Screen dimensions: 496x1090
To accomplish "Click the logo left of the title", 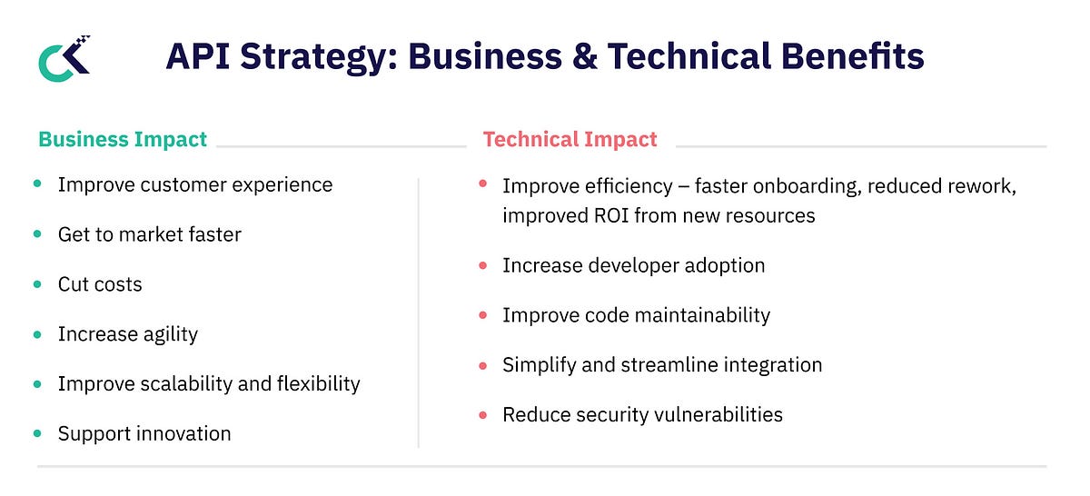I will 64,59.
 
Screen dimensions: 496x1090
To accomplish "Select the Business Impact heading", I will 123,140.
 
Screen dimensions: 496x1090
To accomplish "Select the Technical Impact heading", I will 570,140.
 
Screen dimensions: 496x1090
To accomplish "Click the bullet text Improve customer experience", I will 195,185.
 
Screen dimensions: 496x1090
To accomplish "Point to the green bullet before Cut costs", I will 37,284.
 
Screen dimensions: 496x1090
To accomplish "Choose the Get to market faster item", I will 150,235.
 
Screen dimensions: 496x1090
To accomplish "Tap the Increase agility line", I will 128,334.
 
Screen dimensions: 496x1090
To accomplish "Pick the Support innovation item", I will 144,434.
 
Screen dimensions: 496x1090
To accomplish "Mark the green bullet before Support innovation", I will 37,433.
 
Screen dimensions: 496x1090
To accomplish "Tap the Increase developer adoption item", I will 633,265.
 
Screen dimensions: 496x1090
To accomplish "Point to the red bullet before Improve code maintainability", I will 483,315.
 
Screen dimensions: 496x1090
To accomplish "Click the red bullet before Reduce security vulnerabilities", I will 483,415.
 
